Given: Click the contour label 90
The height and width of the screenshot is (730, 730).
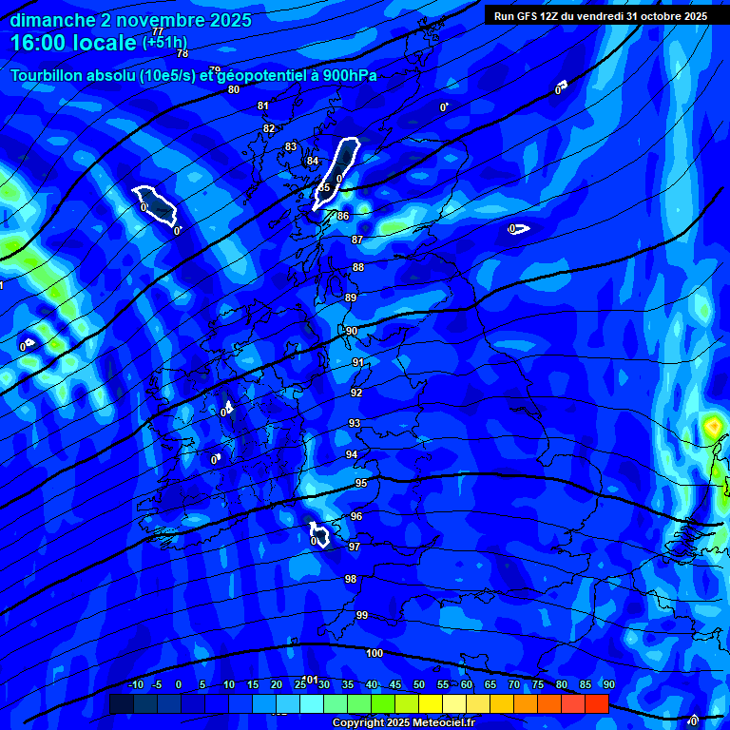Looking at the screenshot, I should [351, 331].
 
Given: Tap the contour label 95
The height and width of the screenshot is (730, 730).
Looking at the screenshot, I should [361, 484].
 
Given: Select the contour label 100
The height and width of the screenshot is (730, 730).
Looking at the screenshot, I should [375, 653].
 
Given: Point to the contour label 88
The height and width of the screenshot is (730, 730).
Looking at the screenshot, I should [358, 267].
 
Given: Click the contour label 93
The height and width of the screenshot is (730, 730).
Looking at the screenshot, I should [355, 423].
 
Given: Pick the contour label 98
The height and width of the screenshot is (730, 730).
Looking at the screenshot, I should [351, 579].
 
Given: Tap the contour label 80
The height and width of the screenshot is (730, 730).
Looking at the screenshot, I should [234, 89].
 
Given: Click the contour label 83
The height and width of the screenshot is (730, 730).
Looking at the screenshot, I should [291, 146].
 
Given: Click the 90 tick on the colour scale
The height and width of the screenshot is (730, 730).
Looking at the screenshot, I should [608, 685].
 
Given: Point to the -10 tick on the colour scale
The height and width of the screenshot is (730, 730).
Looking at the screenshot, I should [135, 685].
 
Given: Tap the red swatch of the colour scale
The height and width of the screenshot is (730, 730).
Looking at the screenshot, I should [596, 703].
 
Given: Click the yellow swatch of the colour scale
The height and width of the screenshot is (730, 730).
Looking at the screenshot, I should [430, 703].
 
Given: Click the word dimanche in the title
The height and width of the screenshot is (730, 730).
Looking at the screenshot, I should [52, 20].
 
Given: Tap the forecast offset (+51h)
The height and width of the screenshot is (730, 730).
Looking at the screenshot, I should [164, 43].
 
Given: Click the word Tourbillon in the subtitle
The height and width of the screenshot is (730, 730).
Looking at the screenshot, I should [48, 75].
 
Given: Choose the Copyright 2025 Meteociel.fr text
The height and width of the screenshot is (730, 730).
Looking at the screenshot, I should [403, 723].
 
